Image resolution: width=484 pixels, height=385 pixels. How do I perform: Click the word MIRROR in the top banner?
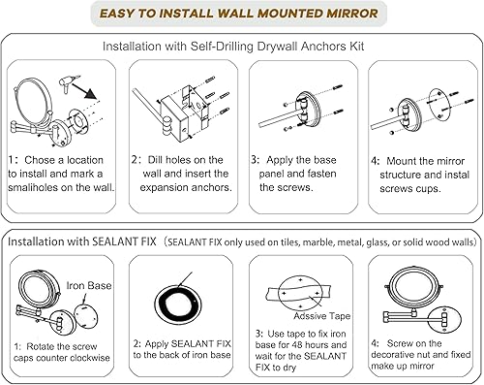[345, 14]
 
